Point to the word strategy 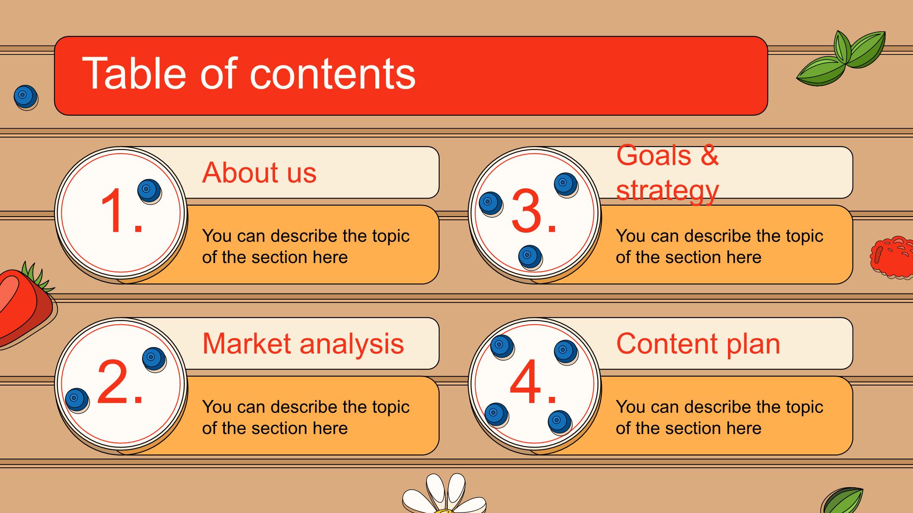point(667,191)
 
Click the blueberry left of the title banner point(26,98)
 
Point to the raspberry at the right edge point(892,258)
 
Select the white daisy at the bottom point(444,494)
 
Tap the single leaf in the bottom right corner point(842,501)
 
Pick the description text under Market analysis point(306,418)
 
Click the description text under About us point(306,247)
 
